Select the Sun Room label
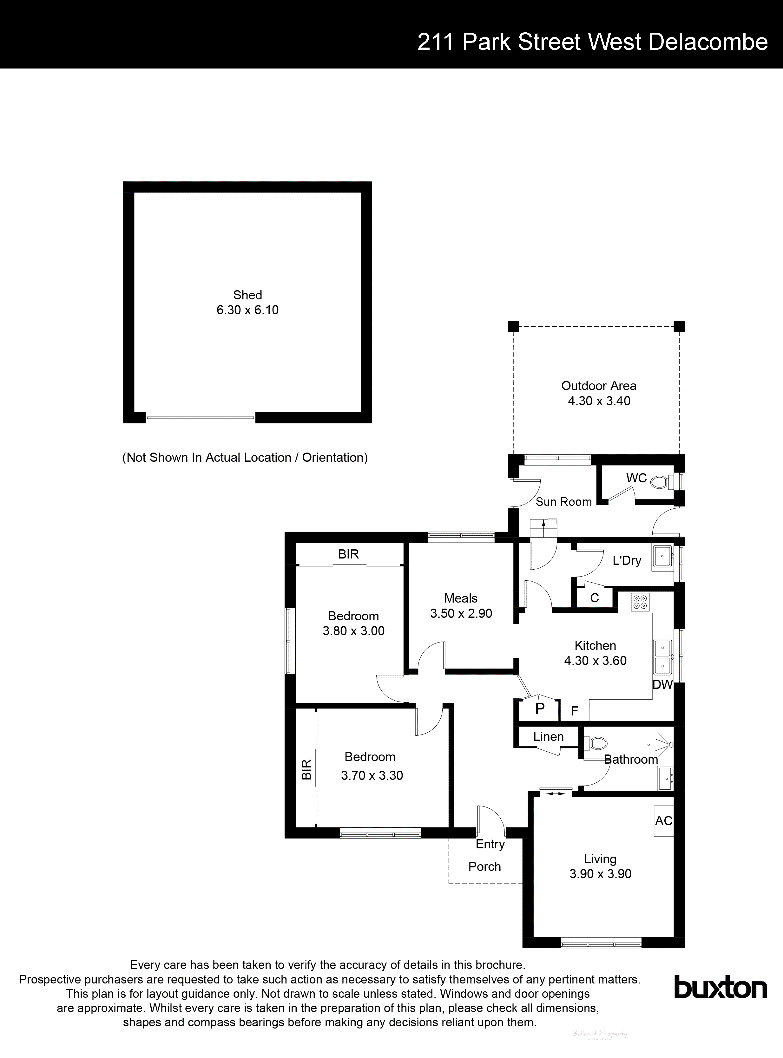point(563,502)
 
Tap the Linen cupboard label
point(548,737)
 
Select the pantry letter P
point(539,709)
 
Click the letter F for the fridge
point(575,711)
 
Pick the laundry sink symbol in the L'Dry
point(662,556)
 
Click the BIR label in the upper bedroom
point(348,554)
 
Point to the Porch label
point(484,866)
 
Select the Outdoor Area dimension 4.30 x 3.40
point(599,401)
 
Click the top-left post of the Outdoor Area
point(513,326)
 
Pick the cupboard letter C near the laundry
point(594,598)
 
